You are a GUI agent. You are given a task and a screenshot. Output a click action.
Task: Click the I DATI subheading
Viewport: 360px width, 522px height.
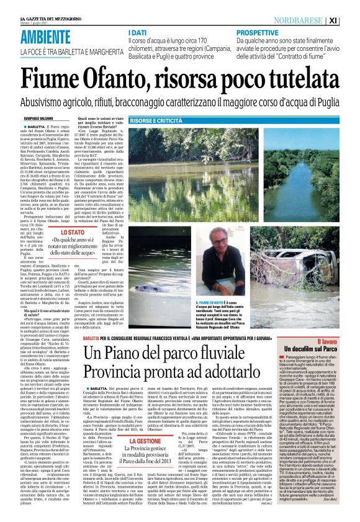click(138, 31)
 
